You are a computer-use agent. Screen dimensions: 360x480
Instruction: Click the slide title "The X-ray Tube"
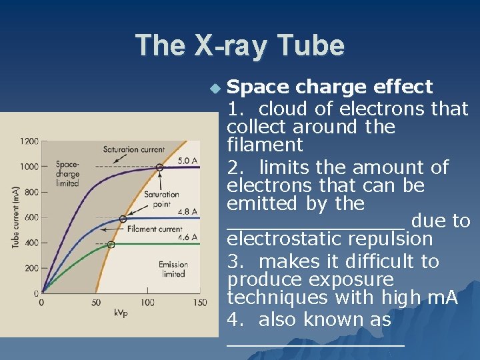240,46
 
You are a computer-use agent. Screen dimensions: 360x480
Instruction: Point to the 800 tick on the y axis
31,192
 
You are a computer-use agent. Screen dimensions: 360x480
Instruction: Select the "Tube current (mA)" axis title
15,217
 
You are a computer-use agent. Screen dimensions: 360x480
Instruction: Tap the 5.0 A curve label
187,160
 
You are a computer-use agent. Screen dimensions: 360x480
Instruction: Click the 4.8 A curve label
187,211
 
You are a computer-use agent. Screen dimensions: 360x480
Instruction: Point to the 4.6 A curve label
187,237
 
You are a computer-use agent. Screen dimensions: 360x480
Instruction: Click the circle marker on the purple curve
159,167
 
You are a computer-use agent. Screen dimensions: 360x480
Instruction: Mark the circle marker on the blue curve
123,219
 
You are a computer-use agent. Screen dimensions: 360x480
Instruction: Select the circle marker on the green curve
111,245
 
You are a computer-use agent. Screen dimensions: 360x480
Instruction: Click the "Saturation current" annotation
134,149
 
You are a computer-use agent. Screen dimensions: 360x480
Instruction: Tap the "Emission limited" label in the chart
173,269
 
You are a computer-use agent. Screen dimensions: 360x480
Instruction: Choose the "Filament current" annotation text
154,229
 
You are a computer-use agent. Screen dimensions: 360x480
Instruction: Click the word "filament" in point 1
265,145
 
